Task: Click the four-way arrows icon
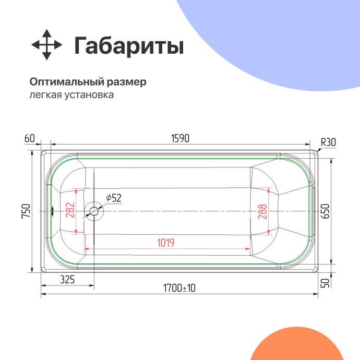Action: click(x=47, y=45)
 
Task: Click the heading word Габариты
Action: click(x=128, y=46)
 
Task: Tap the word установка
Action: click(x=89, y=95)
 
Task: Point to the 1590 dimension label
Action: click(x=180, y=138)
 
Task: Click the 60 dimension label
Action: click(x=29, y=138)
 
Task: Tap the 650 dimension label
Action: click(x=326, y=211)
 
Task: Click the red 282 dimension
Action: click(x=71, y=211)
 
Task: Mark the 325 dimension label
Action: click(x=67, y=280)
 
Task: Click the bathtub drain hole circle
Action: click(x=93, y=211)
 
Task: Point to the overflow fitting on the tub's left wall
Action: click(x=52, y=211)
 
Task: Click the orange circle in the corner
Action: click(x=308, y=347)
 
